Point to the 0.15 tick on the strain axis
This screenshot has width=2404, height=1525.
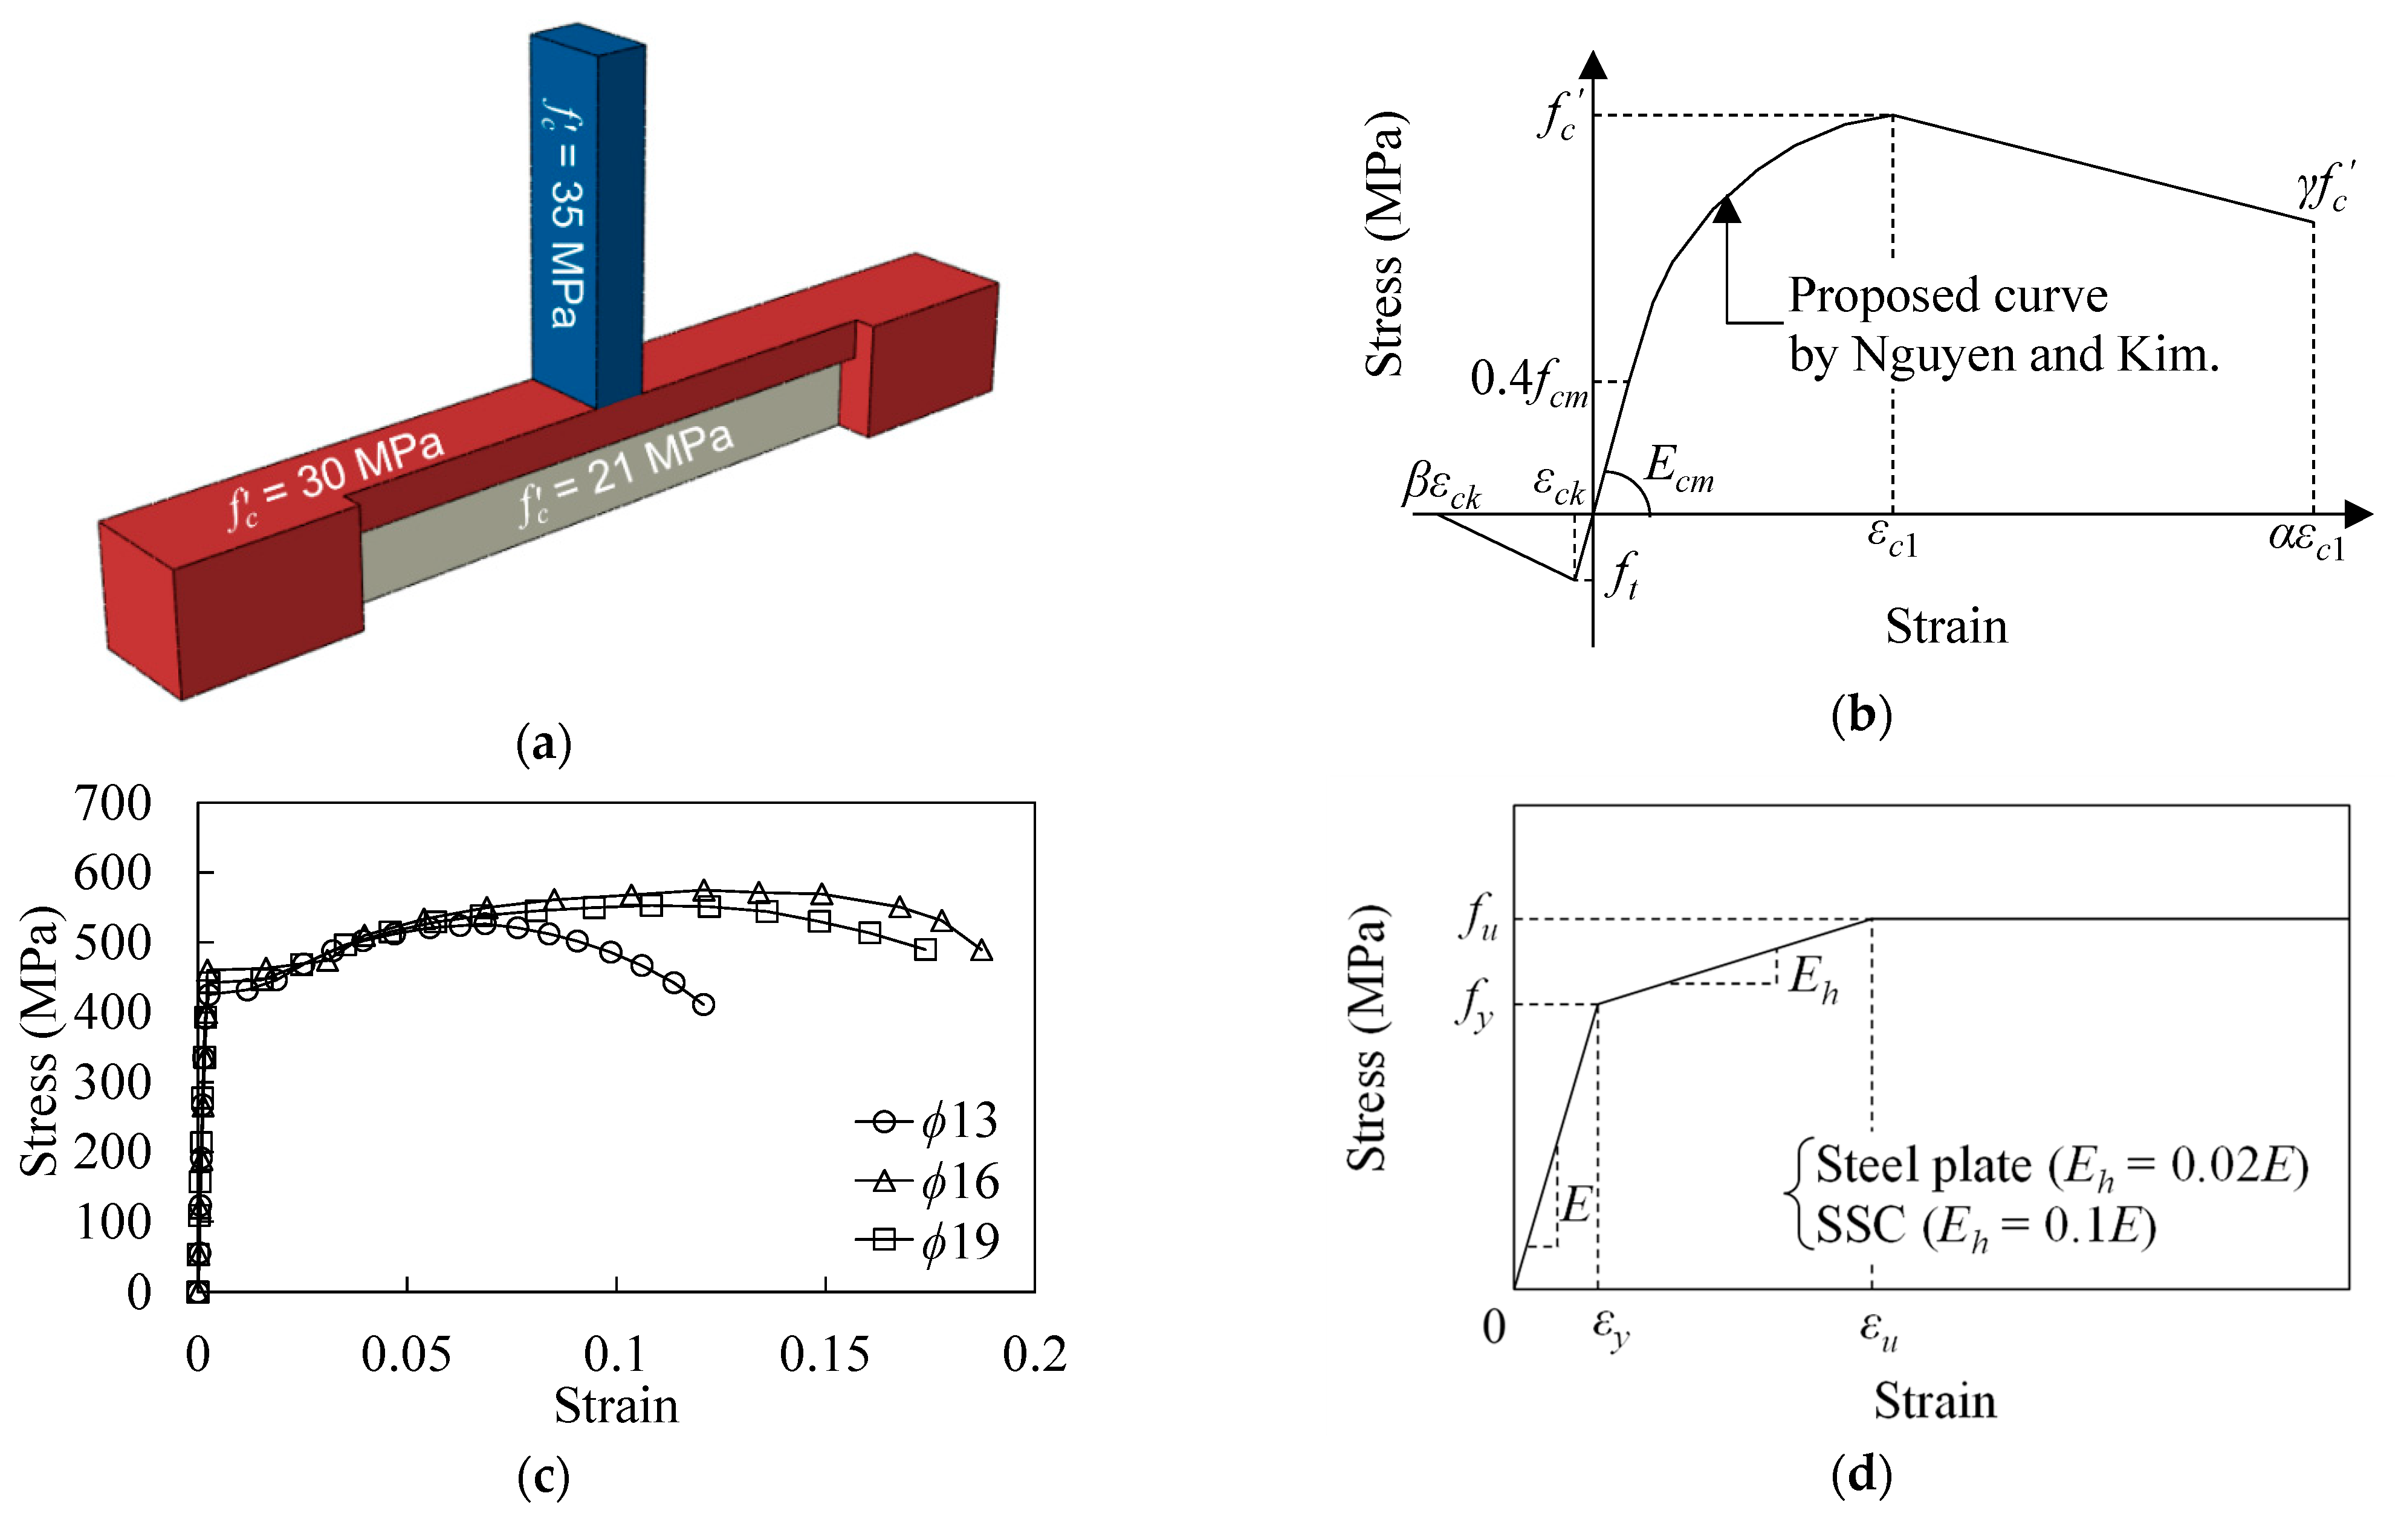click(x=824, y=1355)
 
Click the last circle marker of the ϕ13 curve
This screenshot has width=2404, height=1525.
click(x=704, y=1004)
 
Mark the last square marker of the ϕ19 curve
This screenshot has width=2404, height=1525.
click(x=925, y=949)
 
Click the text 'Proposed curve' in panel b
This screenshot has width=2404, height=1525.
click(x=1947, y=296)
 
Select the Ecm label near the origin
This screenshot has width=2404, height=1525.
click(x=1677, y=467)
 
